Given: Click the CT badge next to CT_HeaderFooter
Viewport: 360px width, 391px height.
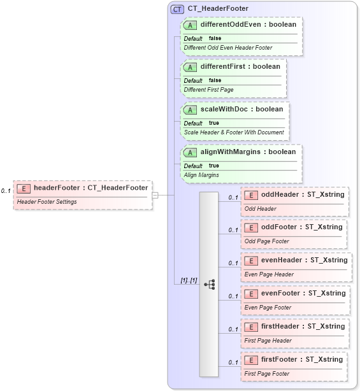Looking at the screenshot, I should point(178,9).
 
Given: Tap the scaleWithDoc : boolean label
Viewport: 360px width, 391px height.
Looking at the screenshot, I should point(241,110).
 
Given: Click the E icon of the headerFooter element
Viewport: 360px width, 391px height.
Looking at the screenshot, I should point(24,188).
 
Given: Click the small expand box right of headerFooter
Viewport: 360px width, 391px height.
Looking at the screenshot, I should point(155,195).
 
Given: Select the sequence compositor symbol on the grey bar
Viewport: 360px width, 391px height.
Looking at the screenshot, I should point(209,284).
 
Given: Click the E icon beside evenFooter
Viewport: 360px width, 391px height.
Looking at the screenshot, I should point(252,294).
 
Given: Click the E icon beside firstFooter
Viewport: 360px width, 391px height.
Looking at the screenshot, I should point(252,360).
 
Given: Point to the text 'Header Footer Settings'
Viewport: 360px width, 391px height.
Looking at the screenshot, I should point(47,202).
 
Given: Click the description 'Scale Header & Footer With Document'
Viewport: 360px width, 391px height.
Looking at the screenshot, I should point(234,132).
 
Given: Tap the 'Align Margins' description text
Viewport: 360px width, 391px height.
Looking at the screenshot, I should point(201,174).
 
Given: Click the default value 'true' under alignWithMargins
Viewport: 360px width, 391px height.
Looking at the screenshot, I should point(213,166).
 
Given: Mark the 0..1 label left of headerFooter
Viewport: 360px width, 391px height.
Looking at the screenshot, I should point(6,191).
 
